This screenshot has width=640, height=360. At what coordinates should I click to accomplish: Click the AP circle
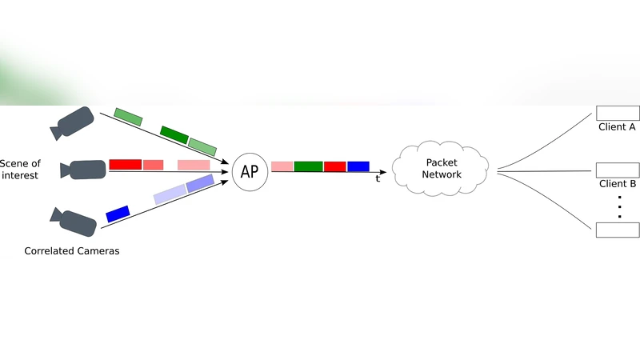(x=249, y=171)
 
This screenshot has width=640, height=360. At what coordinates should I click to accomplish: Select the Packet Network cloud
(x=442, y=169)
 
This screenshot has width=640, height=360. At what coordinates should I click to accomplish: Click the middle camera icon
(x=84, y=170)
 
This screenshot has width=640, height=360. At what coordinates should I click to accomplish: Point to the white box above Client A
(x=618, y=113)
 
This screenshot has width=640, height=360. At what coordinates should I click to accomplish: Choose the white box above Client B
(x=618, y=170)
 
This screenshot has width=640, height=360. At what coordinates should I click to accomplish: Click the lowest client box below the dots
(x=618, y=230)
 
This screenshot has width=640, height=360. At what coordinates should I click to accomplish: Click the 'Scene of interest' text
(x=20, y=170)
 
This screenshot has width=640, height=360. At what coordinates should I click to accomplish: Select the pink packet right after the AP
(x=282, y=166)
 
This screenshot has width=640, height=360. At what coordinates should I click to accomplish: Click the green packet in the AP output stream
(x=308, y=166)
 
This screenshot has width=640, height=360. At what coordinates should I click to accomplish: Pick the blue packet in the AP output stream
(x=358, y=166)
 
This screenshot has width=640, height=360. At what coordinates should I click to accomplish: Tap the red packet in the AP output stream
(x=334, y=166)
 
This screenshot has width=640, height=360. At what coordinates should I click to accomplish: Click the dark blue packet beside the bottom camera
(x=118, y=214)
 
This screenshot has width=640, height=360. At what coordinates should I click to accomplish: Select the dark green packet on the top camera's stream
(x=174, y=134)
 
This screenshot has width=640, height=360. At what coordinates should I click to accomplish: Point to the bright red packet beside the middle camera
(x=125, y=164)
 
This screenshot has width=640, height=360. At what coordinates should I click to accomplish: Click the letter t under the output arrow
(x=378, y=179)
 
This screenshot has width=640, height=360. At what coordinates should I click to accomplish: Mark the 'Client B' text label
(x=618, y=184)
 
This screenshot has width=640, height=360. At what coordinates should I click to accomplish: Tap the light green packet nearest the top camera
(x=128, y=117)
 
